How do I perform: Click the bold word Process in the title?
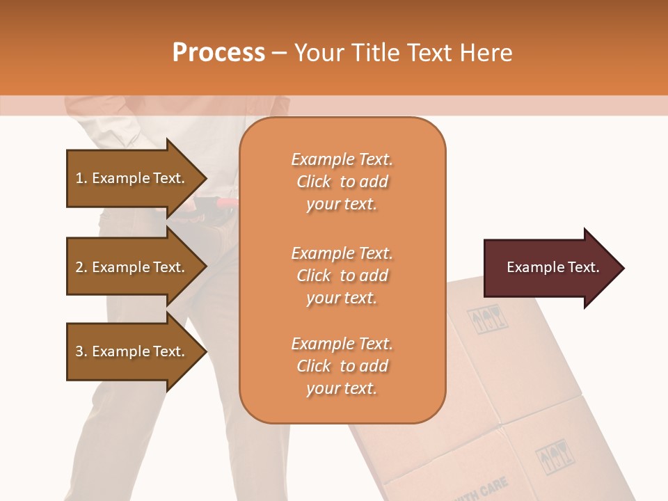click(218, 53)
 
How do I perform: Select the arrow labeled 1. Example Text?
click(132, 178)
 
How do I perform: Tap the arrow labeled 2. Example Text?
click(132, 267)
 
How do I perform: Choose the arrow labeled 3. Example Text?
click(132, 351)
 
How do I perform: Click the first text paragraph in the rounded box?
click(342, 182)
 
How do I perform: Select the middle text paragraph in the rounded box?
click(342, 276)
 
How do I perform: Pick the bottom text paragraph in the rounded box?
click(342, 366)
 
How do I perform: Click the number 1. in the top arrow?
click(81, 178)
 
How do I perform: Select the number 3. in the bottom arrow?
click(81, 351)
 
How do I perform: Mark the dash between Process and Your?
click(279, 53)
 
